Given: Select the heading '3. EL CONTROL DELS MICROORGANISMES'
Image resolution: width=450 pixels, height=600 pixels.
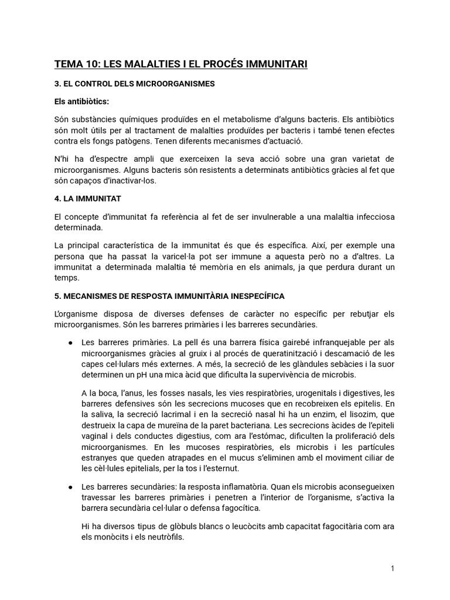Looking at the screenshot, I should tap(134, 84).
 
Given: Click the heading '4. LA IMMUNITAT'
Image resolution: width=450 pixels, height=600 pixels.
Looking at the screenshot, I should tap(87, 199).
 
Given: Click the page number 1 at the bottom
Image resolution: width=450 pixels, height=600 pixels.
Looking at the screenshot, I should tap(393, 568).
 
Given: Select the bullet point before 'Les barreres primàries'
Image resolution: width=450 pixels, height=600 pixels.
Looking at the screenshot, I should tap(70, 342).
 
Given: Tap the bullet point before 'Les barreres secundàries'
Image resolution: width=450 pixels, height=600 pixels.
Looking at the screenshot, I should tap(70, 486).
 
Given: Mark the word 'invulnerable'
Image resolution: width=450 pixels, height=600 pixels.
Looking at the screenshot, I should tap(258, 217).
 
